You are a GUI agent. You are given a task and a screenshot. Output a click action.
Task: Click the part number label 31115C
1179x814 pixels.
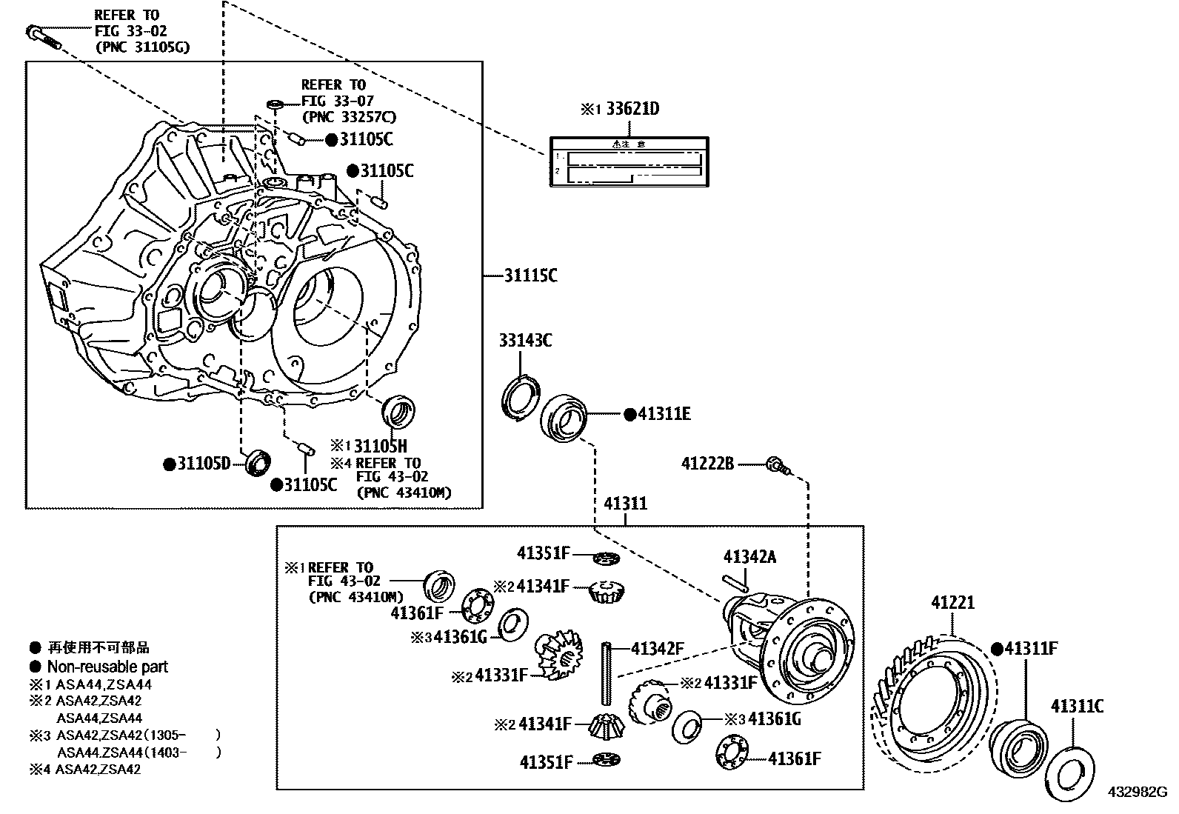coord(530,276)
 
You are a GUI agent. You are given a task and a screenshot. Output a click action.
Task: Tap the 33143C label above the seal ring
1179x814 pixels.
coord(525,341)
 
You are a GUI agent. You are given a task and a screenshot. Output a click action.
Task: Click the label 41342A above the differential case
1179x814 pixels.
coord(749,557)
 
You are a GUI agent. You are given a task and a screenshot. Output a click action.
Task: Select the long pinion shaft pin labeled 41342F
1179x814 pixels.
coord(605,675)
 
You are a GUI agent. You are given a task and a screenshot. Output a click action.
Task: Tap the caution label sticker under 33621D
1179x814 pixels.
coord(628,162)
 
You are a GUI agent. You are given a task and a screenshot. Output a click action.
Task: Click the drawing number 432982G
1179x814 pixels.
coord(1137,792)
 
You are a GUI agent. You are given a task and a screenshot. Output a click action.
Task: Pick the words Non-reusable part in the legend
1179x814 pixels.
coord(107,667)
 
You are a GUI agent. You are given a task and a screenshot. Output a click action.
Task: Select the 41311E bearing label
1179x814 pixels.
coord(664,414)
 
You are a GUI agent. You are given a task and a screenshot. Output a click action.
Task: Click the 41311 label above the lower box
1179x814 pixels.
coord(625,504)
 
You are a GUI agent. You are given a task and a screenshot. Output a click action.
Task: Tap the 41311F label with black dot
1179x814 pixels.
coord(1030,649)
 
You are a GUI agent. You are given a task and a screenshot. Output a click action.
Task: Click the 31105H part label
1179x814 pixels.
coord(380,446)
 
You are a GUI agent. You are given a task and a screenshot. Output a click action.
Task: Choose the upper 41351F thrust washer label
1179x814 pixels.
coord(544,553)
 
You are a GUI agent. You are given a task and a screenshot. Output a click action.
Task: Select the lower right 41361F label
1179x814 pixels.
coord(795,758)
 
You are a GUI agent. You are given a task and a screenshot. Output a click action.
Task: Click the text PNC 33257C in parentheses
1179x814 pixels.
coord(349,116)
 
